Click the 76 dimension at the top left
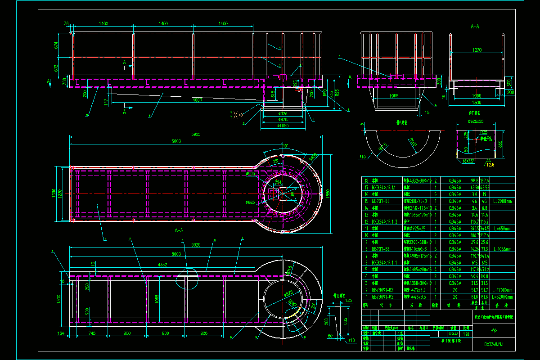pos(66,23)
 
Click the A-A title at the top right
pos(474,27)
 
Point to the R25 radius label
pos(483,132)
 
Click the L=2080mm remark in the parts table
pos(503,201)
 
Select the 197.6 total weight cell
pos(486,180)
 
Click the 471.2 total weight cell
pos(486,270)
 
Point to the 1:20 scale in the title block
pos(467,334)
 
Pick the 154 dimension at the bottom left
pos(60,333)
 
